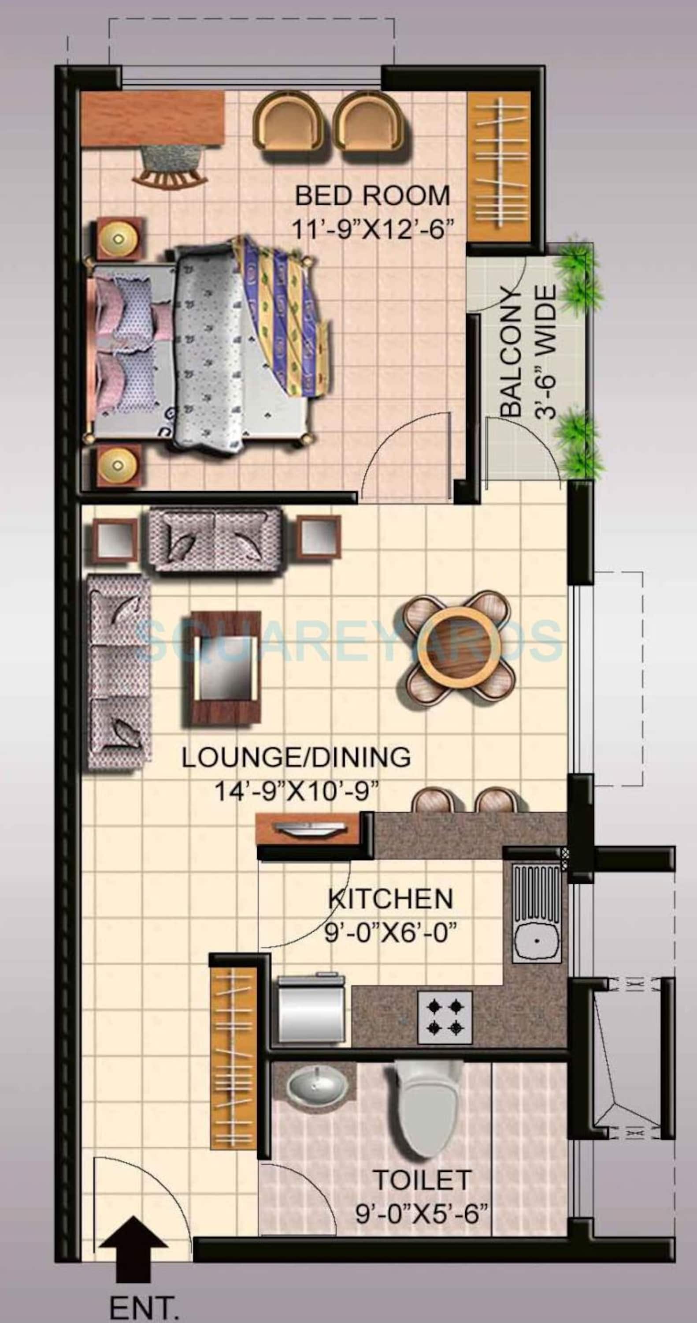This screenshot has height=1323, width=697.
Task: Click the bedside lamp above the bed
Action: pyautogui.click(x=119, y=238)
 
